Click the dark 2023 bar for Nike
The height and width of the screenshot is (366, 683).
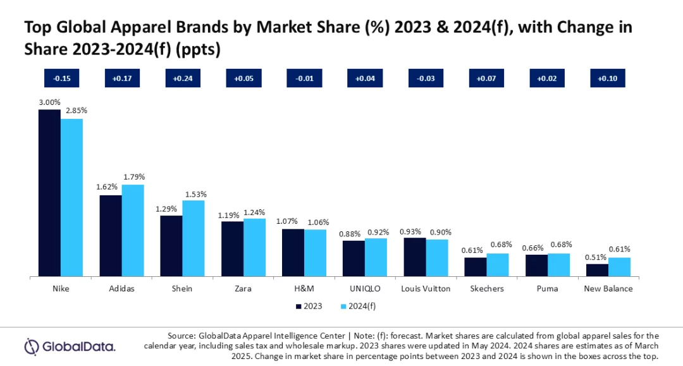click(x=49, y=193)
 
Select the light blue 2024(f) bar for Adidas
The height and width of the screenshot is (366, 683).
click(x=133, y=231)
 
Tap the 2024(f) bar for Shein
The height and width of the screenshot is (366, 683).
click(x=194, y=238)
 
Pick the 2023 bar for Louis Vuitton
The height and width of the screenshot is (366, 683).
click(x=414, y=257)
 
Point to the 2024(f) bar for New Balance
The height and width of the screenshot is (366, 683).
click(x=619, y=267)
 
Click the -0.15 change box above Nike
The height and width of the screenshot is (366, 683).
click(x=61, y=78)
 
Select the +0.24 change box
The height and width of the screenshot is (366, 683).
click(x=182, y=78)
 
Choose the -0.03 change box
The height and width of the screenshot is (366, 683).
click(x=426, y=78)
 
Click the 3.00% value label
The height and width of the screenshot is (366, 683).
click(x=49, y=102)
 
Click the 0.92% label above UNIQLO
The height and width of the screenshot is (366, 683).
click(x=377, y=231)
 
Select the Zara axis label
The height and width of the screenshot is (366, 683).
click(x=243, y=289)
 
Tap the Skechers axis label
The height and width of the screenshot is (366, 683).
click(x=487, y=289)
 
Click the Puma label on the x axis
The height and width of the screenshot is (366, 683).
click(x=548, y=289)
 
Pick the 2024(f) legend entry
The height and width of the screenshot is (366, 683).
click(x=358, y=307)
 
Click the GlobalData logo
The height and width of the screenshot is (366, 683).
click(x=70, y=346)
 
